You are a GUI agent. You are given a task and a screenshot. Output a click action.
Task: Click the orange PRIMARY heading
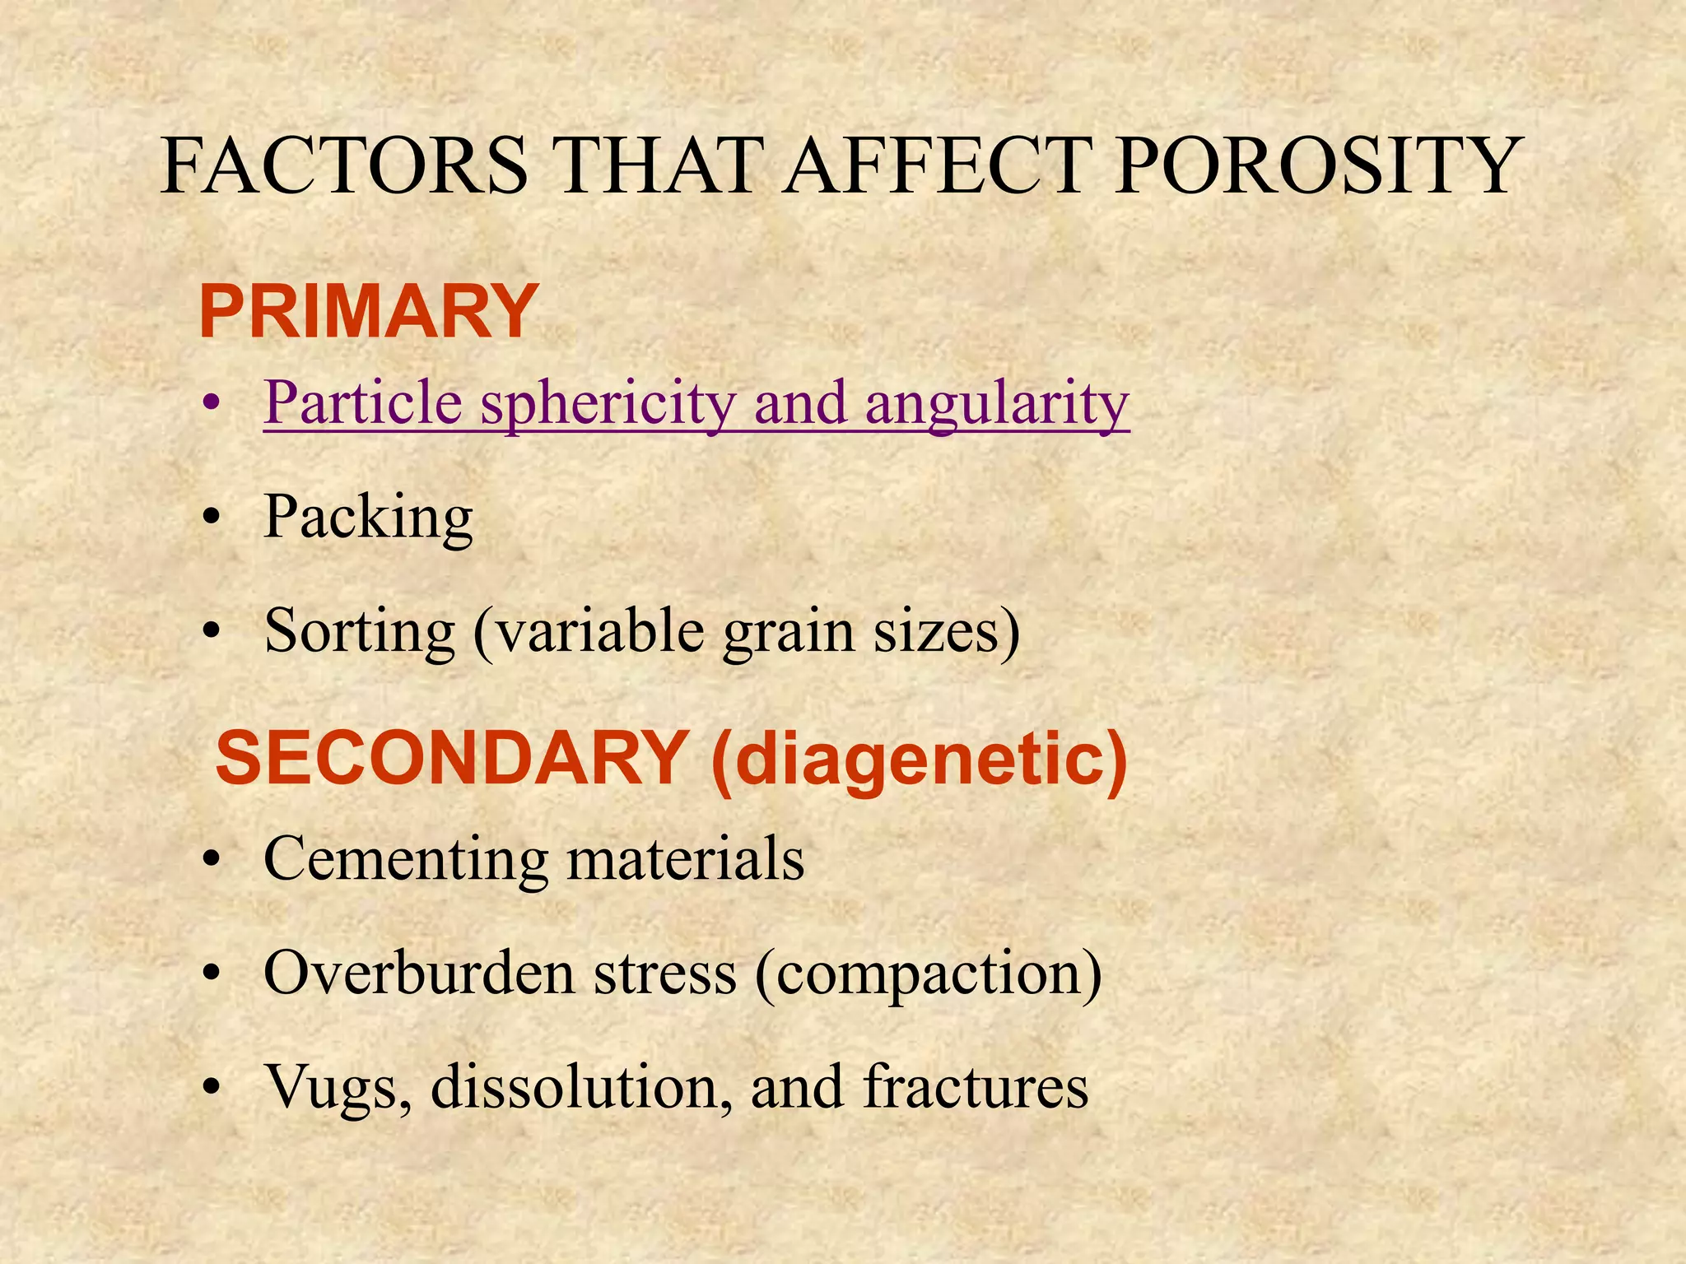(x=368, y=312)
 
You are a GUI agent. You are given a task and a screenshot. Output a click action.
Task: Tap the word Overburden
(x=419, y=974)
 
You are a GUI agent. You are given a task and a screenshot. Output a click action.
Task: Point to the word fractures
(x=976, y=1086)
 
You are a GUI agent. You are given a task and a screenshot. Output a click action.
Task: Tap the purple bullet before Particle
(x=212, y=404)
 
